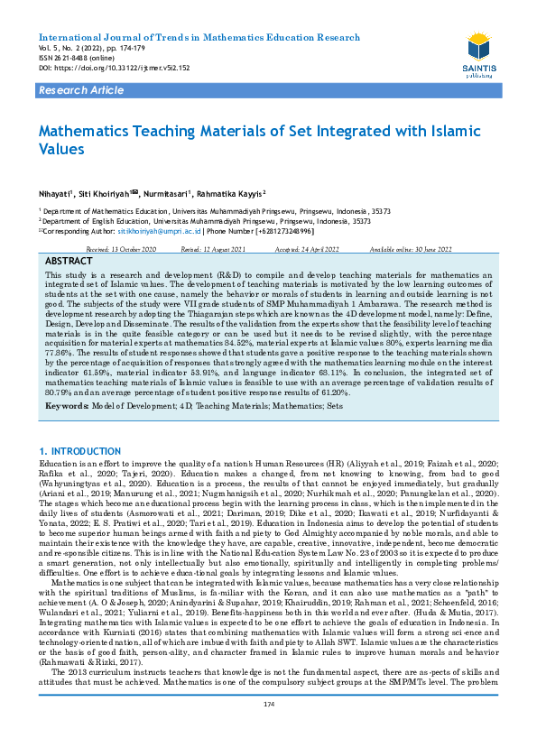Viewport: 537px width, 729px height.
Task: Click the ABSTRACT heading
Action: pos(69,260)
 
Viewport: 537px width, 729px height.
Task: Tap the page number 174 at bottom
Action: pos(267,705)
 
